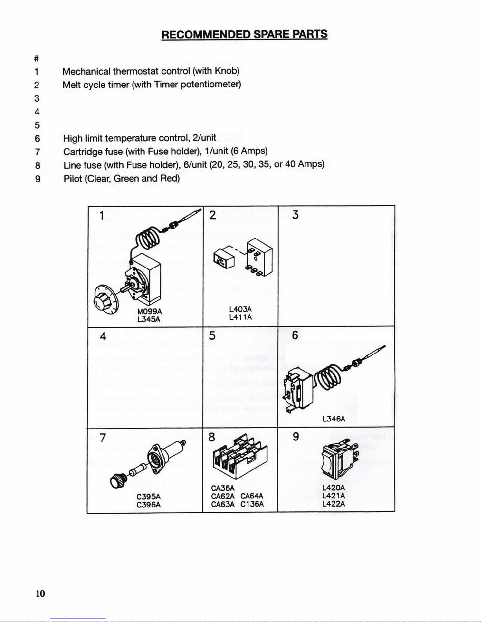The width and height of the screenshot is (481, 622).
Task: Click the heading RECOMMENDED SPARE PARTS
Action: tap(244, 35)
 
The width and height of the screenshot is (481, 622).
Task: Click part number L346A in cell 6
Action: tap(333, 419)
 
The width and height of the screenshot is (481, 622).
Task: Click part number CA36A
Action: tap(223, 488)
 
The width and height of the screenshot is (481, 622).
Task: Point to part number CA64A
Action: tap(252, 496)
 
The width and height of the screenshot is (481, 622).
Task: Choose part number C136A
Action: tap(252, 504)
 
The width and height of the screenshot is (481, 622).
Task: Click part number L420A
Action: tap(333, 488)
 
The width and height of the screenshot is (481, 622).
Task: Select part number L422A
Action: tap(333, 504)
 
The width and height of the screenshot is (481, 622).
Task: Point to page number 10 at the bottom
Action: tap(40, 593)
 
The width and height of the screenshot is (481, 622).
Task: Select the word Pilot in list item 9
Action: tap(73, 179)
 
